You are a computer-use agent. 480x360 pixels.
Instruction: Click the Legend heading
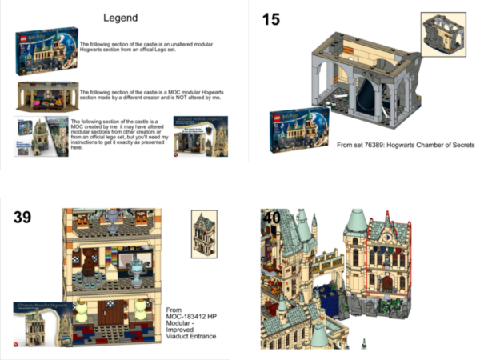pos(121,18)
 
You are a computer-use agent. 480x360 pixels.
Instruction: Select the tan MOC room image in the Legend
pos(46,95)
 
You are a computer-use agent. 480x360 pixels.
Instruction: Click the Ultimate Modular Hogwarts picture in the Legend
pos(197,137)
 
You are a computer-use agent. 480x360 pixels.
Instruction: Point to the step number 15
pos(271,18)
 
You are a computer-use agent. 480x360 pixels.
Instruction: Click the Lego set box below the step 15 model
pos(296,130)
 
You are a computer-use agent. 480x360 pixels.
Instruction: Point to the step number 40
pos(271,217)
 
